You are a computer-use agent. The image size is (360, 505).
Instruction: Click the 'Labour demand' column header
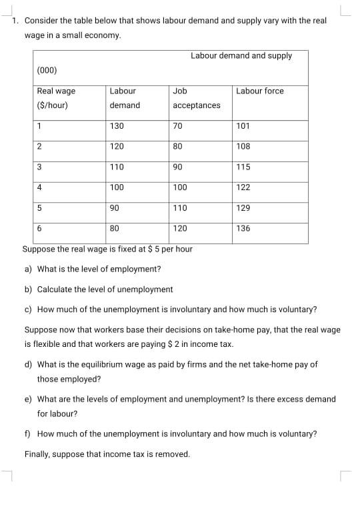(x=125, y=98)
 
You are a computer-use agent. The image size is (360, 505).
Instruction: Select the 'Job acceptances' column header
(x=196, y=98)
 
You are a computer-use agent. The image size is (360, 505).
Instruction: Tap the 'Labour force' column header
(x=259, y=91)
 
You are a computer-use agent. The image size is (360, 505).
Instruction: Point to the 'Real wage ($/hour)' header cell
(x=56, y=98)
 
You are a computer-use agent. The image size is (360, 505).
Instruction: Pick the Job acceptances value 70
(x=177, y=125)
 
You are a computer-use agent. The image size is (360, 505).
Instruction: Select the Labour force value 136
(x=243, y=229)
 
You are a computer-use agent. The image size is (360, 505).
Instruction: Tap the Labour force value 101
(x=243, y=125)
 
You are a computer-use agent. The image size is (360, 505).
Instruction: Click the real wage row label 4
(x=40, y=187)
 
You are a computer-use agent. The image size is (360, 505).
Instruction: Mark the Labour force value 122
(x=243, y=187)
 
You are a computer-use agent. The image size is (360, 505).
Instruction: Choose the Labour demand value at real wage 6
(x=115, y=229)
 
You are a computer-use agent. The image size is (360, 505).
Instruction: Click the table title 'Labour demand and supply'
(x=241, y=55)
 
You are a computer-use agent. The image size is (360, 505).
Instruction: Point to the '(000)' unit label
(x=47, y=70)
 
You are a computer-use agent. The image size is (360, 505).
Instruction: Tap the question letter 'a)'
(x=29, y=270)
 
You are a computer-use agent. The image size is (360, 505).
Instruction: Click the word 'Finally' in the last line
(x=37, y=454)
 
